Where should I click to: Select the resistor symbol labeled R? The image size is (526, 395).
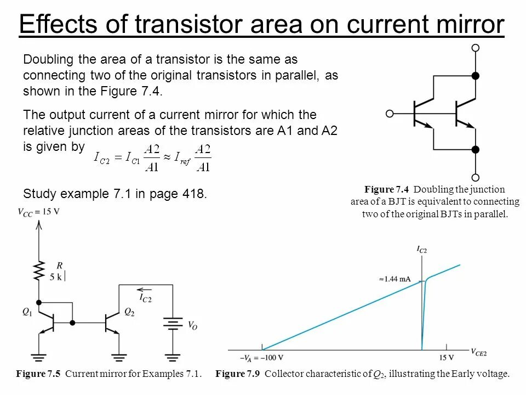(x=38, y=270)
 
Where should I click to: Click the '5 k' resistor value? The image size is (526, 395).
(x=56, y=278)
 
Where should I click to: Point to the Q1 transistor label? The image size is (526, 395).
(x=27, y=312)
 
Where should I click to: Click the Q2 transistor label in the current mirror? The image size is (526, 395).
(x=129, y=312)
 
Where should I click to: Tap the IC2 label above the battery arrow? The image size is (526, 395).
(x=145, y=298)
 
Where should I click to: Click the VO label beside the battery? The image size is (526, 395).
(x=192, y=325)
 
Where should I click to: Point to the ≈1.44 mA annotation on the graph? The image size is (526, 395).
(x=395, y=279)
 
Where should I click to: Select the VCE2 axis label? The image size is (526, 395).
(x=478, y=351)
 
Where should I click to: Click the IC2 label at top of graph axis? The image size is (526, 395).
(x=422, y=250)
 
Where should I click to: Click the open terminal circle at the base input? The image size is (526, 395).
(x=390, y=114)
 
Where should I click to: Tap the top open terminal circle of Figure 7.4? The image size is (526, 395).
(x=476, y=48)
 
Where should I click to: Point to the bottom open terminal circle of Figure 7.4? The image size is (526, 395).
(x=476, y=177)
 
